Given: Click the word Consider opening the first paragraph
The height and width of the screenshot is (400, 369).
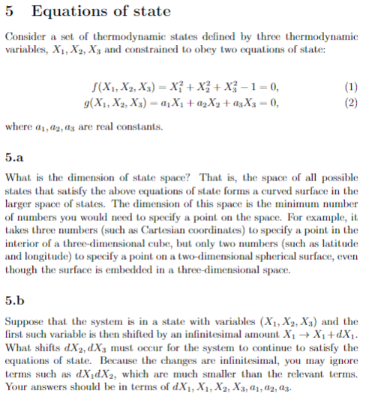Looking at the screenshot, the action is pos(25,37).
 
